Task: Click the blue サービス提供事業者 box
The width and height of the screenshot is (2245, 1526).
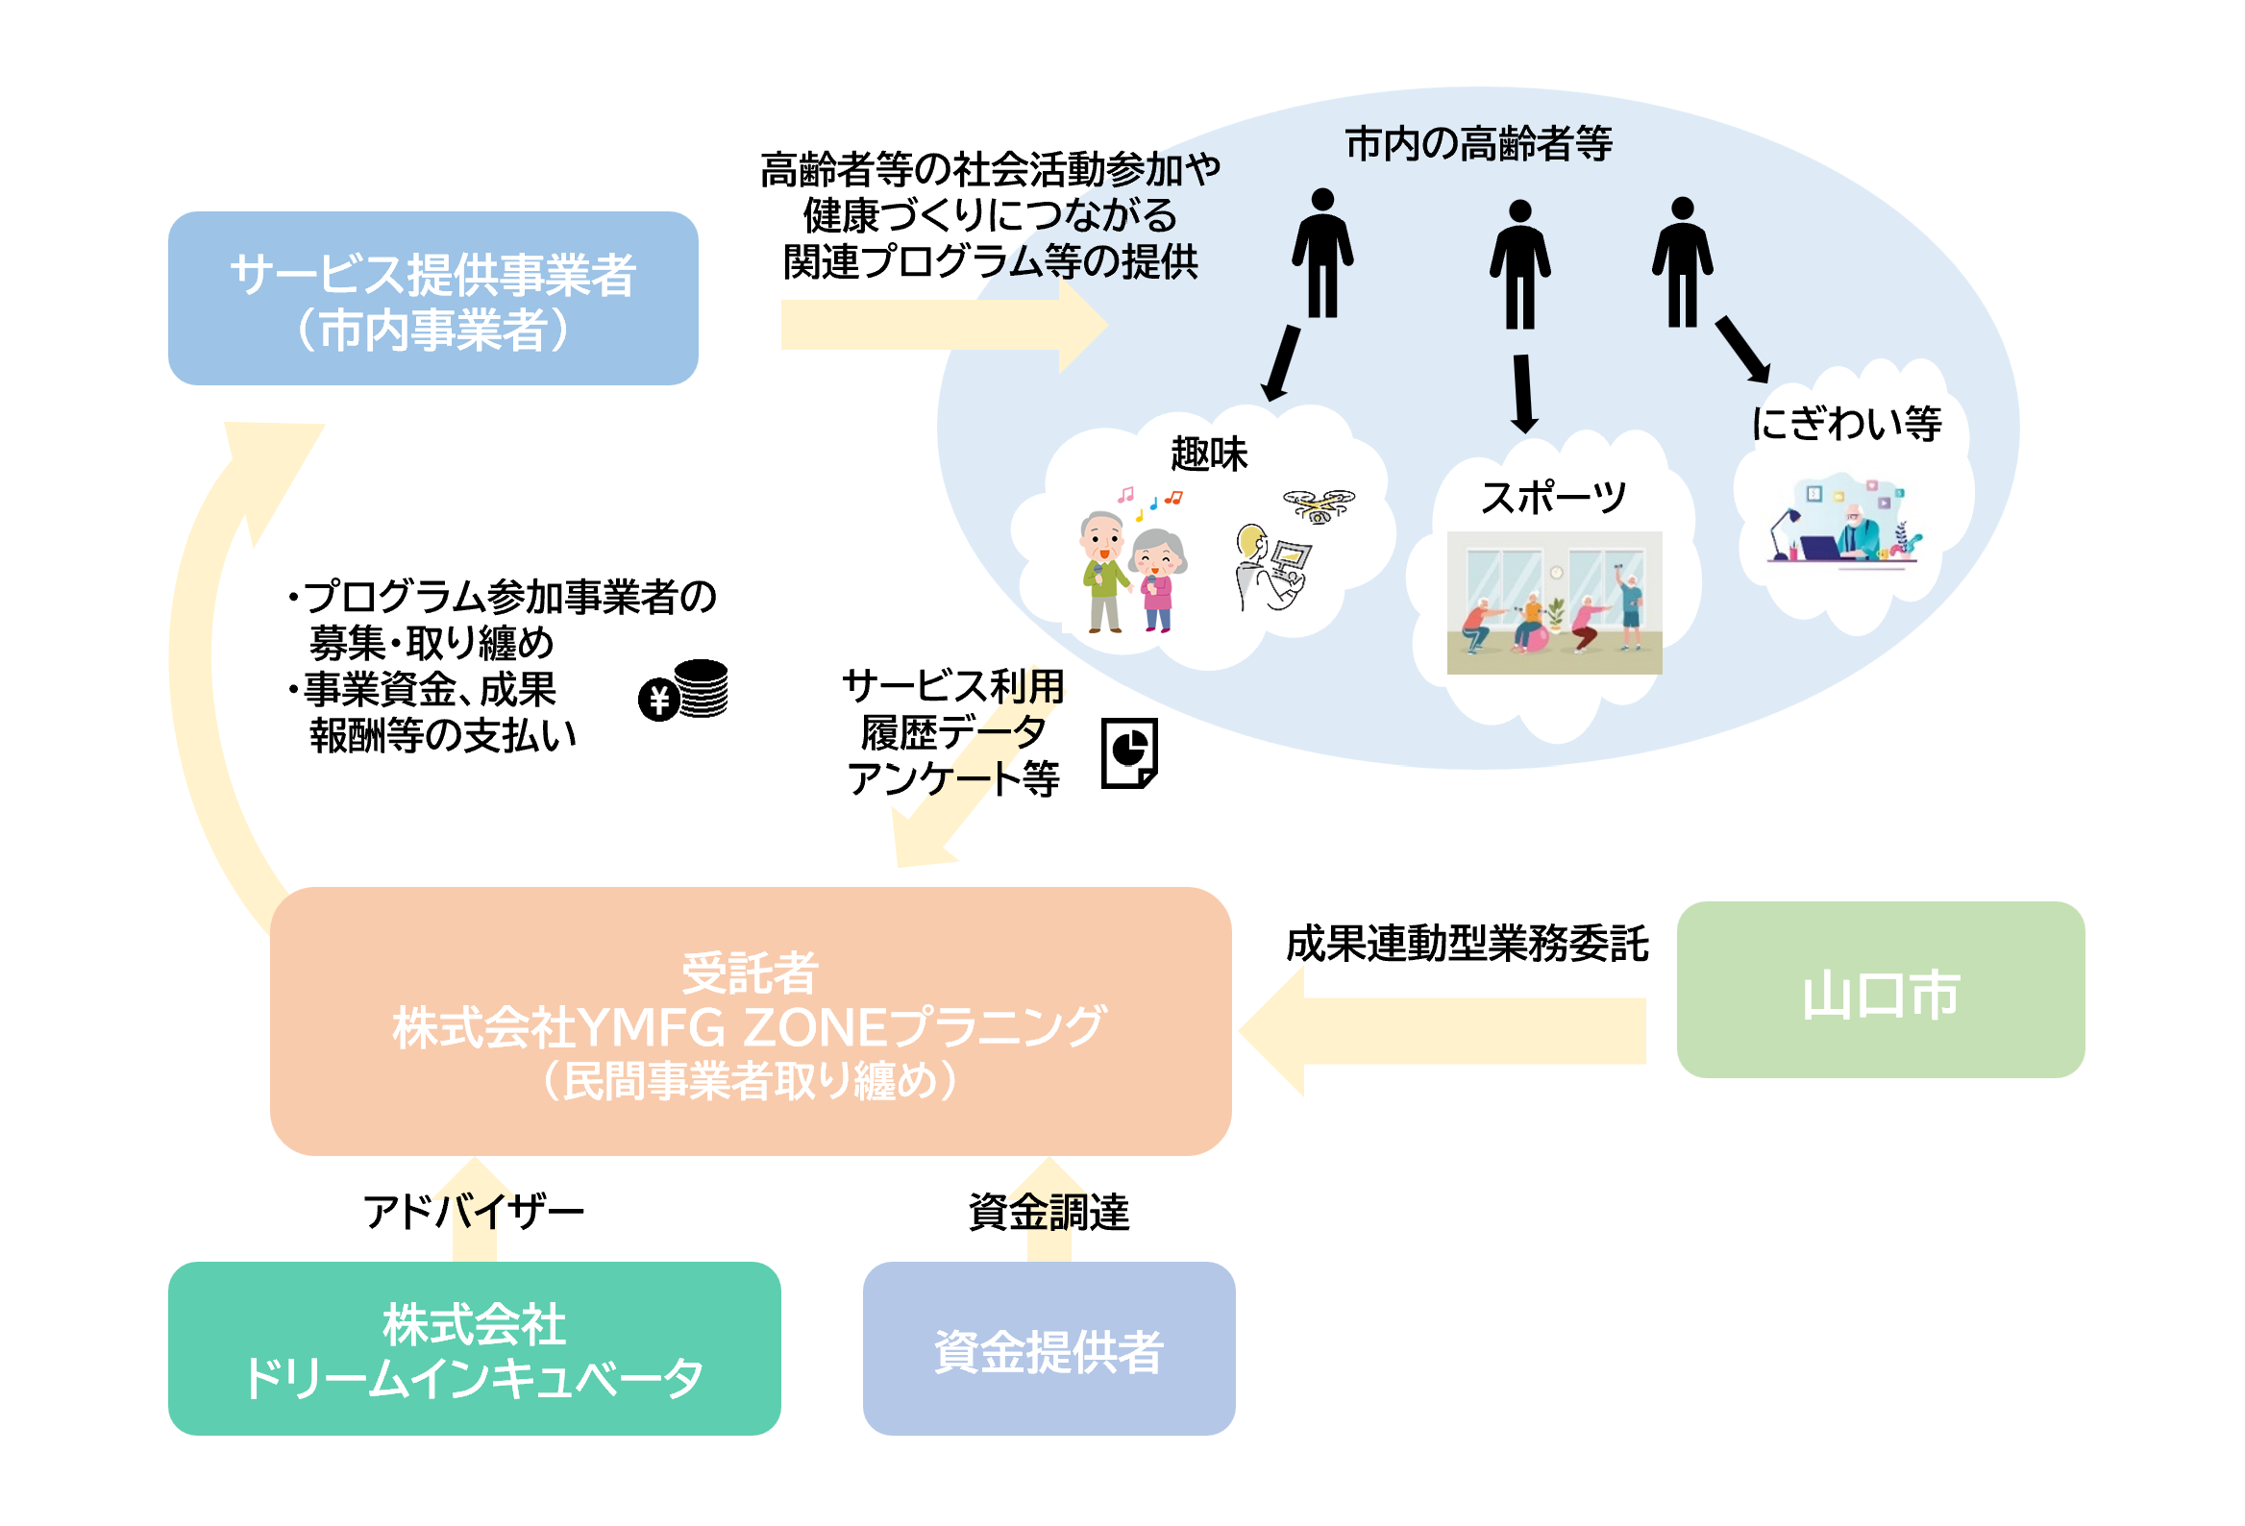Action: (432, 299)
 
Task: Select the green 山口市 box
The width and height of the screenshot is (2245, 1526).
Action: (1879, 989)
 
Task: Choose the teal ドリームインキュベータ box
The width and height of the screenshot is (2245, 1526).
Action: (474, 1347)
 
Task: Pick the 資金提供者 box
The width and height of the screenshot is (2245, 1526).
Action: (1048, 1347)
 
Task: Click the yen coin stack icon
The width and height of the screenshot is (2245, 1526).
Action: (684, 690)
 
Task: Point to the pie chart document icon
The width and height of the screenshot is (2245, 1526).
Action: (1129, 752)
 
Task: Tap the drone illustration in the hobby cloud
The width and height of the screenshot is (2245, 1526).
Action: (1318, 504)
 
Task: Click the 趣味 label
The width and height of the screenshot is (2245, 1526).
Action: (1208, 453)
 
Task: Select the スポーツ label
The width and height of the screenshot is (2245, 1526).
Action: (1552, 498)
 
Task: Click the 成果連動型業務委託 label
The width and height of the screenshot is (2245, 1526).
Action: (1467, 944)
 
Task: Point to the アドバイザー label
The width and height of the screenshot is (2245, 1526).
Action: (474, 1211)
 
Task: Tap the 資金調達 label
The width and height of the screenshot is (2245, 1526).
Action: (1048, 1211)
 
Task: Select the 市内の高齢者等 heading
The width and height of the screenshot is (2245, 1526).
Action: (1478, 144)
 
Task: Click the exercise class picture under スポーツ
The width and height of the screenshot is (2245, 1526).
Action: (1553, 602)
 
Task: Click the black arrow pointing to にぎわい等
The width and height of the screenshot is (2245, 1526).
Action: (1742, 350)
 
